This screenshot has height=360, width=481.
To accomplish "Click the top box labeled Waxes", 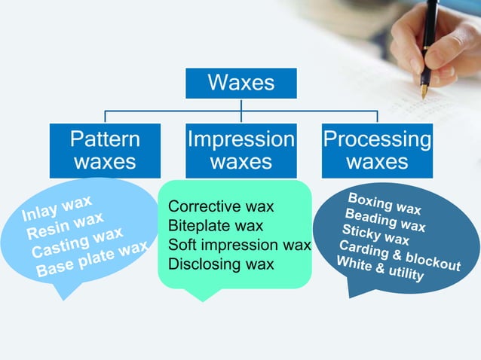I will (x=240, y=83).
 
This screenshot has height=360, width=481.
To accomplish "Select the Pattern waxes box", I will (x=105, y=150).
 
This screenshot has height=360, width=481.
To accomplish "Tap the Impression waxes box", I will (x=240, y=150).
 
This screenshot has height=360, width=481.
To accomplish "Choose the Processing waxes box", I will (x=377, y=150).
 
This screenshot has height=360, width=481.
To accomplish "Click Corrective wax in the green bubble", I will (x=221, y=206).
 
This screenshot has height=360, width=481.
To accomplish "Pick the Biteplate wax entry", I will (x=216, y=225).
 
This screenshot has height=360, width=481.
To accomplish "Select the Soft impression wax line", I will (x=239, y=245).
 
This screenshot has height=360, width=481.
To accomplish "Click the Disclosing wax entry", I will (x=221, y=264).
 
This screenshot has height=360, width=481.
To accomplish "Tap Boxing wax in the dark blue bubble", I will (x=384, y=203).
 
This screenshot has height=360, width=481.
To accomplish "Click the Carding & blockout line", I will (x=400, y=255).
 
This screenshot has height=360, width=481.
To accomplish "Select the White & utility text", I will (x=379, y=269).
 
